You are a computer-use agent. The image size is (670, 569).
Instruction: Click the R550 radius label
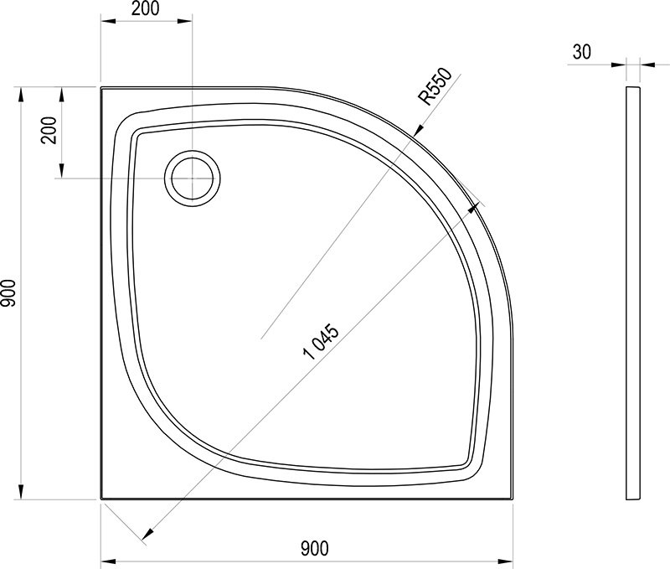(x=435, y=86)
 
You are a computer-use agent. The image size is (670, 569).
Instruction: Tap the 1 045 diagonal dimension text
(x=321, y=342)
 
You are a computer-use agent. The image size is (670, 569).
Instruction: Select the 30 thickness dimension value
(x=581, y=52)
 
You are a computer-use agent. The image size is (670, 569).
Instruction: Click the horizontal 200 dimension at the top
(x=145, y=8)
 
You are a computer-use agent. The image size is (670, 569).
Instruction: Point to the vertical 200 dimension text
(x=49, y=131)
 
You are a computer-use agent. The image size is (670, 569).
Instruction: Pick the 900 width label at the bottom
(x=315, y=549)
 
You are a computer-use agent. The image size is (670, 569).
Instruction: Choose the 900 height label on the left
(x=8, y=293)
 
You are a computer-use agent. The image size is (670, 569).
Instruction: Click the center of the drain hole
(x=193, y=178)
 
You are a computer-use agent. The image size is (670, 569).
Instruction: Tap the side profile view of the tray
(x=633, y=293)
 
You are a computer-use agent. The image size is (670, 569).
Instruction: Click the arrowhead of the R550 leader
(x=417, y=130)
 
